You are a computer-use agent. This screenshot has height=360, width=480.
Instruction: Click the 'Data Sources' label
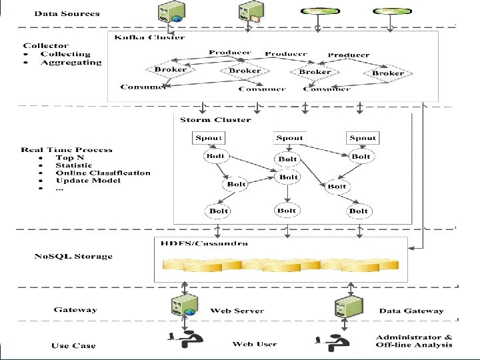(x=67, y=13)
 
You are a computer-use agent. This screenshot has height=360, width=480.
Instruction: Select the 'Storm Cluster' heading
(x=215, y=120)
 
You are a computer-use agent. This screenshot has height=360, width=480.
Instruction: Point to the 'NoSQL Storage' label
(x=73, y=256)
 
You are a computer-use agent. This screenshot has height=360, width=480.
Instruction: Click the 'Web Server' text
(x=237, y=311)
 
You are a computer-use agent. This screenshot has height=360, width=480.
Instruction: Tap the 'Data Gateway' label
(x=411, y=311)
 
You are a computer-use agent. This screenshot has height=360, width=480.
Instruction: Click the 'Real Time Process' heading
(x=67, y=150)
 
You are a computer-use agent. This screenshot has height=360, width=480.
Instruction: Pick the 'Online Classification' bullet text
(x=103, y=173)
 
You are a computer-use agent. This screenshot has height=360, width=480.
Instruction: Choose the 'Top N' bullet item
(x=69, y=157)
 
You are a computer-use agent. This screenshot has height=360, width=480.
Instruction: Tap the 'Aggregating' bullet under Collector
(x=71, y=63)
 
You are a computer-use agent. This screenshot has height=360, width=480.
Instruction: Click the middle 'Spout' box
(x=289, y=138)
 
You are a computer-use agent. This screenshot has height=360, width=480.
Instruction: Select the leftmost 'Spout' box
(x=209, y=138)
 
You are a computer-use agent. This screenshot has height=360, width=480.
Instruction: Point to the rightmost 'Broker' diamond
(x=388, y=73)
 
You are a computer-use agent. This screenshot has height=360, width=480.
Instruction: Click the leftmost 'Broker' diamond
(x=171, y=69)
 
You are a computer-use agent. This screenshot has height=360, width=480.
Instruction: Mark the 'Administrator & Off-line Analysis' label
(x=413, y=341)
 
